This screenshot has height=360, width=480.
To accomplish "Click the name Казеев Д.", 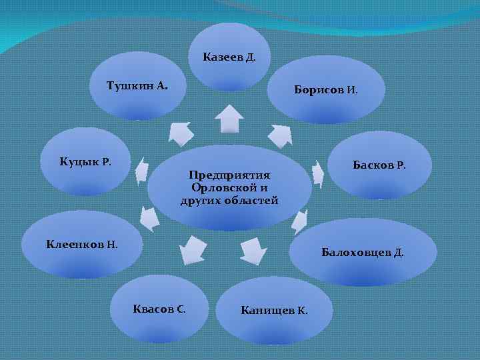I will [x=229, y=57].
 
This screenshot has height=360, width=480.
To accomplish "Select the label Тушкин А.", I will [x=137, y=86].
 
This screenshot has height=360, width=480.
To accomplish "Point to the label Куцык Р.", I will [x=85, y=161].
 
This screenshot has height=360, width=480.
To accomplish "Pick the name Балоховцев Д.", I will [x=362, y=253].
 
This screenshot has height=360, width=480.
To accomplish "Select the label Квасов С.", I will [x=159, y=309].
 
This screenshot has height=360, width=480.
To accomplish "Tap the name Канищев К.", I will [x=274, y=311].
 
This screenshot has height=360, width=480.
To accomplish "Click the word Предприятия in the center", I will [x=229, y=175].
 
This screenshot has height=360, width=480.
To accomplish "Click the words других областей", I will [x=229, y=201].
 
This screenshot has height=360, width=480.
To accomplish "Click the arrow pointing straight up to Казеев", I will [x=229, y=120].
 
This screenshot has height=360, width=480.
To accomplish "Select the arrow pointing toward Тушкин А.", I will [x=180, y=133].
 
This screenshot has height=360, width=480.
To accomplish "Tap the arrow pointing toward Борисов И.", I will [x=281, y=135].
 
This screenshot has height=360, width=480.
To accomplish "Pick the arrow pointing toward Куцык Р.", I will [x=141, y=172].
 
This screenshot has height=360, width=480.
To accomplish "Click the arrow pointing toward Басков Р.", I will [x=318, y=175].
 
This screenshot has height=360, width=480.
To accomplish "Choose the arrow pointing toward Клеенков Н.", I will [x=149, y=217].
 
